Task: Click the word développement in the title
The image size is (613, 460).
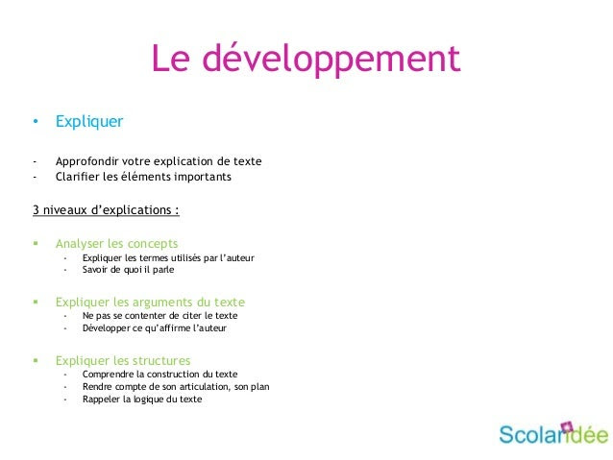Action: tap(331, 60)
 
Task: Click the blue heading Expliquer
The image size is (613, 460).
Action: tap(89, 122)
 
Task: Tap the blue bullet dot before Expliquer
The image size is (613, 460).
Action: tap(36, 121)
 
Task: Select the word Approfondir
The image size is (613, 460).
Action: tap(86, 161)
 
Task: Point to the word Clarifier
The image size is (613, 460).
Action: tap(78, 177)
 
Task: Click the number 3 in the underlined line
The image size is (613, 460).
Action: tap(36, 210)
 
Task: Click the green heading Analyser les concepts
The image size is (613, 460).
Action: tap(116, 244)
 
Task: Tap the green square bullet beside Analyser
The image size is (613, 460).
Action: tap(36, 243)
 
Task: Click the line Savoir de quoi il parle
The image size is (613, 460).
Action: tap(128, 270)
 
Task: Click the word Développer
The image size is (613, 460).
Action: tap(106, 328)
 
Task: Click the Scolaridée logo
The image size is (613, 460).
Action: tap(553, 433)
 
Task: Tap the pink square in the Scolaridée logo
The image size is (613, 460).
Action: tap(567, 426)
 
